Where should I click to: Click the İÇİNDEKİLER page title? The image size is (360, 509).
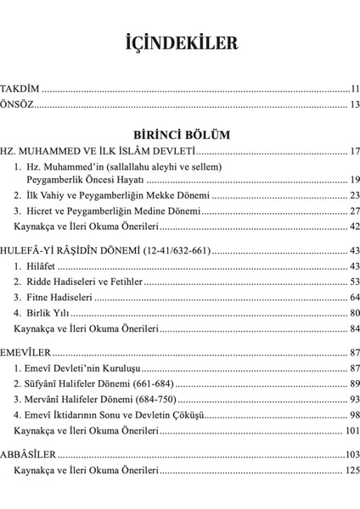180,42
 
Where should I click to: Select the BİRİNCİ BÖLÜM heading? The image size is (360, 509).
180,135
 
